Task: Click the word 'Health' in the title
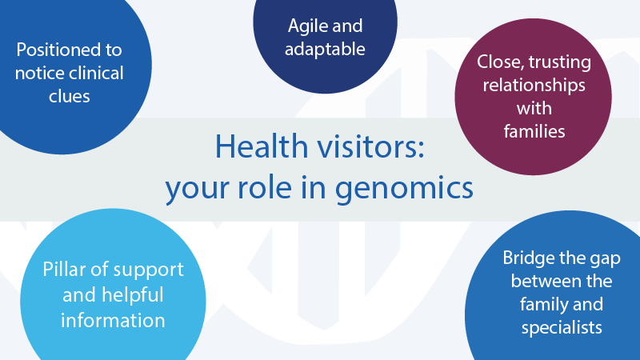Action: [x=262, y=146]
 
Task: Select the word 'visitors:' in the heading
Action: [x=371, y=146]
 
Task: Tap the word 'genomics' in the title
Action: [x=405, y=189]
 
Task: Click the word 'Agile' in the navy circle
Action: [x=306, y=26]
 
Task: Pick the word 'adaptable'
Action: [x=325, y=50]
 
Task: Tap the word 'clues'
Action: [x=70, y=96]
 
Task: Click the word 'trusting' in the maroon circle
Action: [x=559, y=62]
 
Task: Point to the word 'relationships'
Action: [x=534, y=86]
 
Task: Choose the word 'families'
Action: [x=534, y=131]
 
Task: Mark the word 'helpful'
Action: [x=133, y=294]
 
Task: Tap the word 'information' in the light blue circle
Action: [x=113, y=321]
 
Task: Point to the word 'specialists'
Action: [x=562, y=328]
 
